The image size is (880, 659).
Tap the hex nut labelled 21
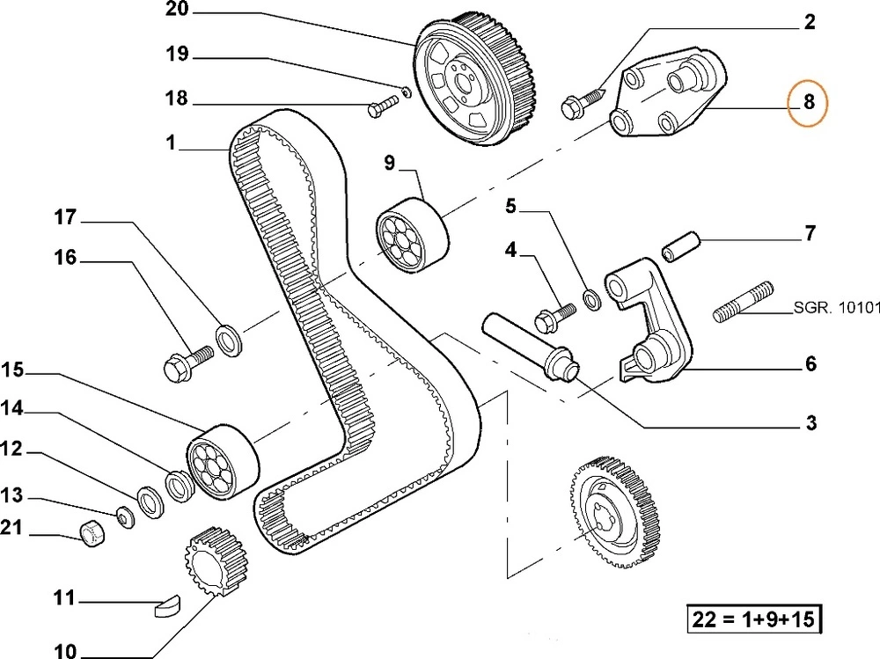92,532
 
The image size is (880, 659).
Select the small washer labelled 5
592,300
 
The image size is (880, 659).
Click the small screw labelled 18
381,108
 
